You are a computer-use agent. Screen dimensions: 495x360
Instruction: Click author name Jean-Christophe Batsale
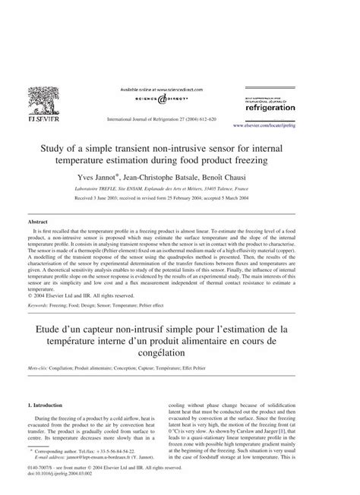(187, 177)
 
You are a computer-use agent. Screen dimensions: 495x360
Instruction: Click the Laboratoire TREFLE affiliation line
(180, 189)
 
